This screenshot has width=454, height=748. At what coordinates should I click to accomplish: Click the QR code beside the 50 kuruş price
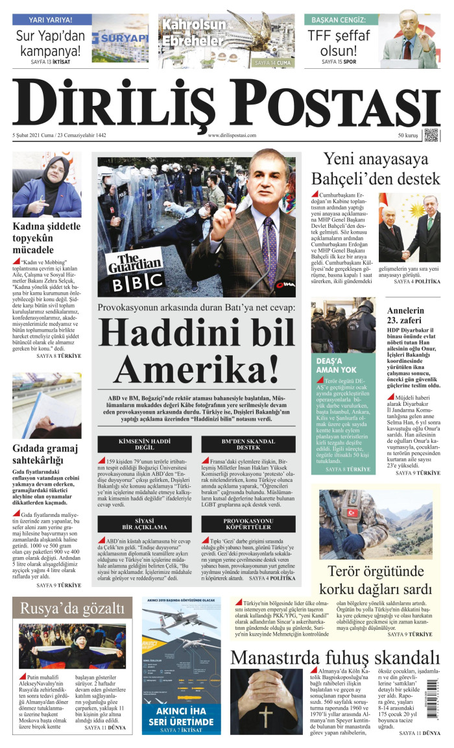tap(431, 135)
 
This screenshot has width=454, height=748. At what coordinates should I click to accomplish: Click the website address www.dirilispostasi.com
tap(232, 136)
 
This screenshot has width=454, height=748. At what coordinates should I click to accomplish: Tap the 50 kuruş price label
tap(407, 136)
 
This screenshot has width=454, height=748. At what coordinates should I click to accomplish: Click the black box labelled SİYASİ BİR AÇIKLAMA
tap(145, 525)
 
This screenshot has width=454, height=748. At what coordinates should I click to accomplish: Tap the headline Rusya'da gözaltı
tap(72, 608)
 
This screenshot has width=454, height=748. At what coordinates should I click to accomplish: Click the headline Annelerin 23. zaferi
tap(405, 316)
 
